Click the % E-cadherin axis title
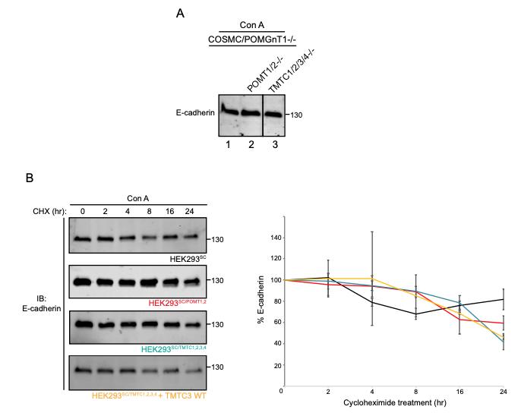click(260, 304)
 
